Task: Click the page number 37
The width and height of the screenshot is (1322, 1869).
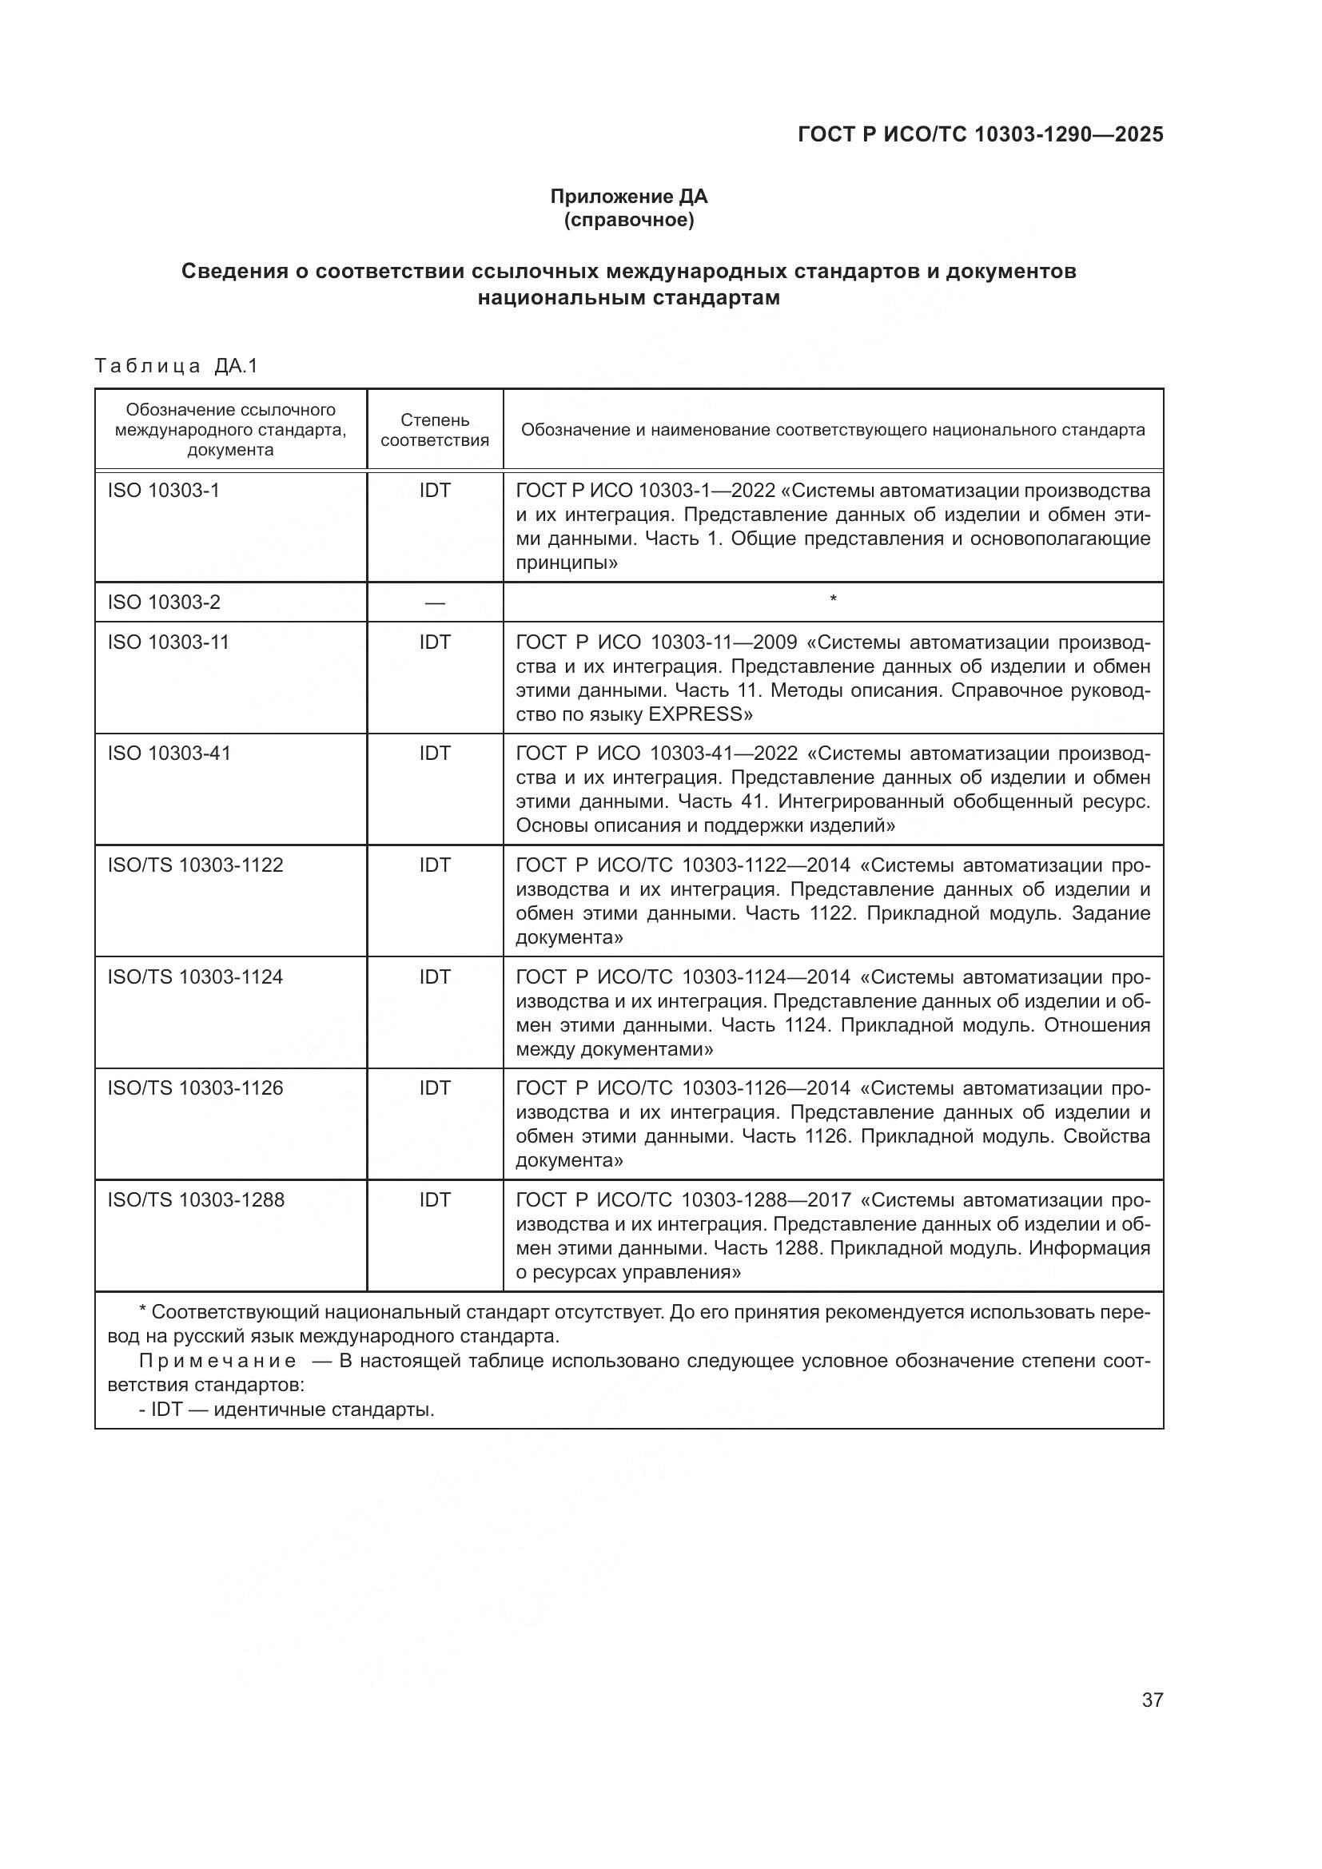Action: click(1152, 1700)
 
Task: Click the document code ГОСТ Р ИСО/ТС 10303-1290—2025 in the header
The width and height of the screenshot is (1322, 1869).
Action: click(980, 135)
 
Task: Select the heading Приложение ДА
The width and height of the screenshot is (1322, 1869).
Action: click(628, 197)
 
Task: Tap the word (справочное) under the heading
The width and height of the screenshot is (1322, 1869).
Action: click(628, 221)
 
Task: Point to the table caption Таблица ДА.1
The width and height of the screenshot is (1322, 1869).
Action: click(176, 366)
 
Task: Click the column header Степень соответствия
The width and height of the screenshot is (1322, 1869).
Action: click(435, 430)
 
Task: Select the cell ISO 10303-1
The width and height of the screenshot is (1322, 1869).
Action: click(164, 491)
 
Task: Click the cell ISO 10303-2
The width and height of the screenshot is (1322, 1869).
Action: click(164, 602)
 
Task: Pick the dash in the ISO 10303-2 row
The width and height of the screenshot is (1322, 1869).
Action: click(435, 603)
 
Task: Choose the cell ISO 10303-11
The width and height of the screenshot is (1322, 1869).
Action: click(169, 642)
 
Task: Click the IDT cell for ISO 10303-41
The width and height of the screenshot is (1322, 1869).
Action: click(435, 754)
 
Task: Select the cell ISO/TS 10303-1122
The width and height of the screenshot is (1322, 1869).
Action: click(195, 865)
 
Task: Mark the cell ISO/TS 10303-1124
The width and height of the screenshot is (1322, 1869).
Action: click(195, 976)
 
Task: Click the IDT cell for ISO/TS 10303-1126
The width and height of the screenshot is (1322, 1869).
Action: click(435, 1088)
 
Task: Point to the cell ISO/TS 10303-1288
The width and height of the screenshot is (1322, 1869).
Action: click(196, 1200)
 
